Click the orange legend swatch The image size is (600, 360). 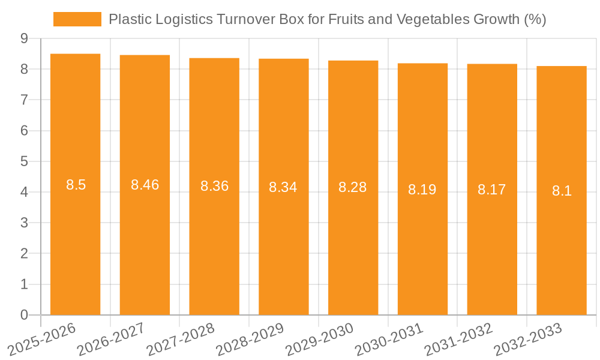pyautogui.click(x=77, y=19)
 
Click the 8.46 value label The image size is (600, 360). pyautogui.click(x=145, y=185)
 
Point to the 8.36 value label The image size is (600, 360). pyautogui.click(x=214, y=186)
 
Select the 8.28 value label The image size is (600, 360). pyautogui.click(x=353, y=187)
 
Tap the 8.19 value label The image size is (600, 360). pyautogui.click(x=422, y=190)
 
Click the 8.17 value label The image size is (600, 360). pyautogui.click(x=492, y=190)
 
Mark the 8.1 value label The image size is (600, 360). pyautogui.click(x=562, y=191)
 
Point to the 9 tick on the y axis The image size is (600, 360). pyautogui.click(x=24, y=38)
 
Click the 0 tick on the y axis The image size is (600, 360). pyautogui.click(x=24, y=315)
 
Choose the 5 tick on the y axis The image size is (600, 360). pyautogui.click(x=24, y=161)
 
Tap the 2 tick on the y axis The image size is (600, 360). pyautogui.click(x=24, y=254)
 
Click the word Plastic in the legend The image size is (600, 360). pyautogui.click(x=128, y=19)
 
